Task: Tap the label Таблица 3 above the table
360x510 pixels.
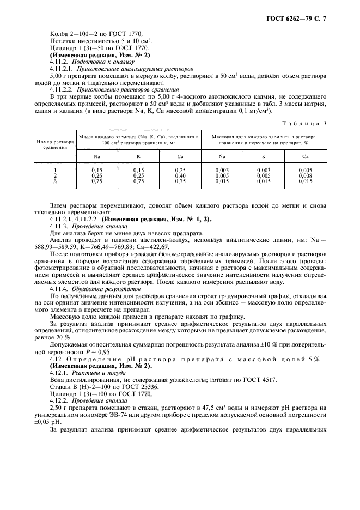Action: (308, 124)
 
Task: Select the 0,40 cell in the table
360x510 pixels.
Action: (181, 176)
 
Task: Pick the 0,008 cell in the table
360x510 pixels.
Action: (305, 176)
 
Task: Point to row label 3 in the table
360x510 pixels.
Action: (55, 181)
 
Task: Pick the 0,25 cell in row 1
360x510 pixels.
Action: (181, 171)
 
